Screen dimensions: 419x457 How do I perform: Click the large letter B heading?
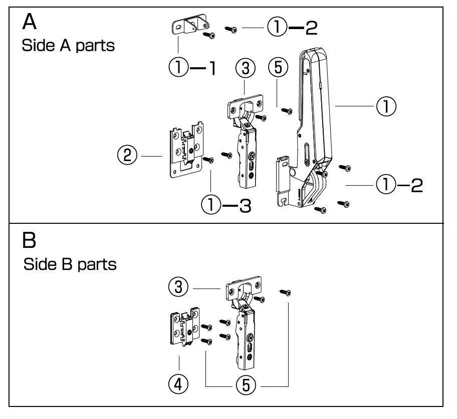30,240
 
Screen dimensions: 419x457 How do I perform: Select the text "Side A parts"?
68,46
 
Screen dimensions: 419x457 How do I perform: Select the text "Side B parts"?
70,264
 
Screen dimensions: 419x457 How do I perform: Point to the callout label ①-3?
225,205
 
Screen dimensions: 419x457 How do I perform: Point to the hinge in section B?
245,321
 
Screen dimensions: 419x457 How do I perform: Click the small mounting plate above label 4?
184,327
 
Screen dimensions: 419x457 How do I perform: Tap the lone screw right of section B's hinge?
286,291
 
